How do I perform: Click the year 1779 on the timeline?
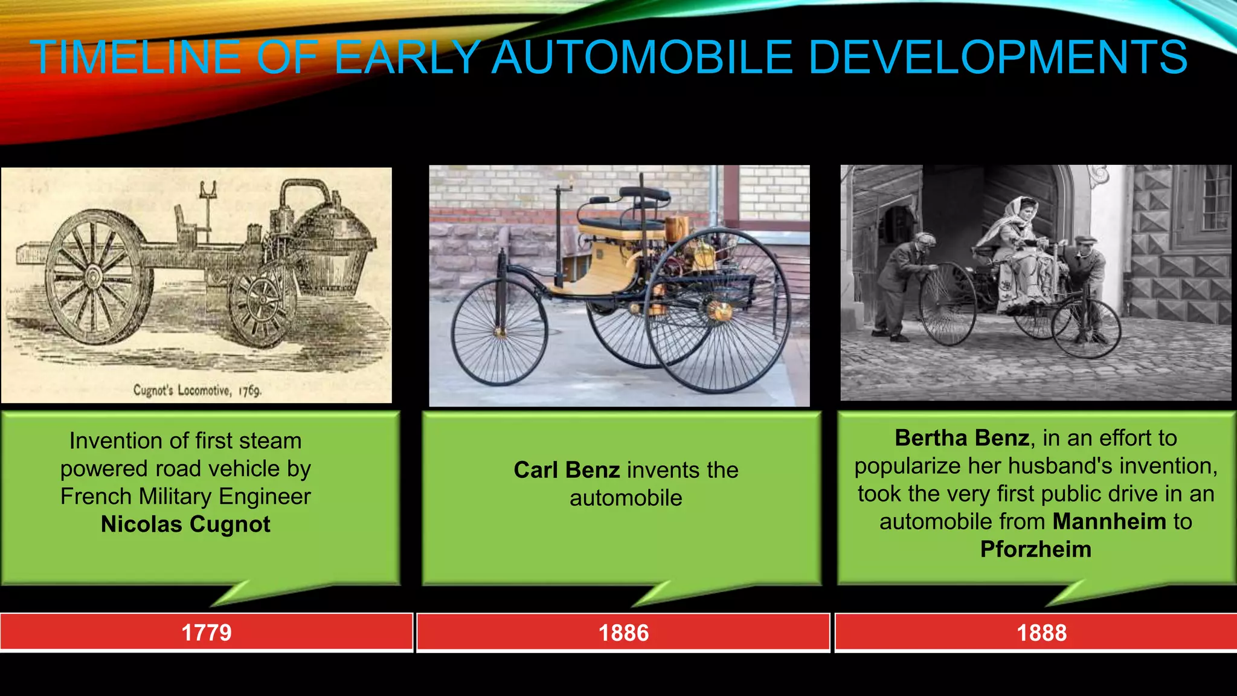pos(207,633)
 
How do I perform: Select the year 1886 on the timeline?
pos(623,633)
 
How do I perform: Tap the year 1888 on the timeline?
pos(1041,633)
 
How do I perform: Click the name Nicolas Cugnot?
pos(185,524)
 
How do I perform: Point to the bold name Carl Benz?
pos(567,470)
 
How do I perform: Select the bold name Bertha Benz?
pos(962,438)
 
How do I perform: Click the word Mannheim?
pos(1109,521)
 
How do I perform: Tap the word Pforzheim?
pos(1035,549)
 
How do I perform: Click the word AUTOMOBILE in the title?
pos(641,57)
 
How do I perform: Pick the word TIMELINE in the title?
pos(135,57)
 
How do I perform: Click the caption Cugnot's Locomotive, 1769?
pos(197,390)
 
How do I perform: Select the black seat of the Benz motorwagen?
pos(622,225)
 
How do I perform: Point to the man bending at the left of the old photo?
pos(904,284)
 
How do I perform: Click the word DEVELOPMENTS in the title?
pos(997,57)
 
